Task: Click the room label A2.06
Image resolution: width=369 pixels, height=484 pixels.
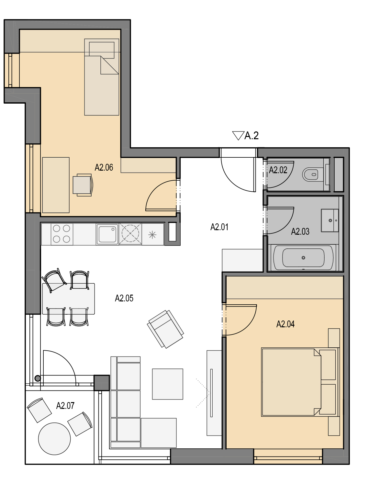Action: [x=104, y=168]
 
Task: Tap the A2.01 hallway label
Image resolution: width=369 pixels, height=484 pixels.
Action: [x=219, y=227]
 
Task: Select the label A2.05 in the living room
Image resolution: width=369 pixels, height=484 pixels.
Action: [x=124, y=298]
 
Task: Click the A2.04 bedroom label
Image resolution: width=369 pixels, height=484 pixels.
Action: [x=285, y=324]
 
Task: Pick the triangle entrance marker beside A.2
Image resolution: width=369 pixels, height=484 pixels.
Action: [x=238, y=136]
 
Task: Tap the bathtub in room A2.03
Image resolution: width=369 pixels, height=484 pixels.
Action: [x=303, y=258]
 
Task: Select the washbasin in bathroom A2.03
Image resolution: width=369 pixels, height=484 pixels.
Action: [x=330, y=220]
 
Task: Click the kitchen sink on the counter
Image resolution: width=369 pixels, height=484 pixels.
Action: [x=107, y=234]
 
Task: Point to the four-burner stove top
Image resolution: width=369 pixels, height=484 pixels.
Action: [x=62, y=234]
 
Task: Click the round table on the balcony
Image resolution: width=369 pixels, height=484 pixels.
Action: [x=54, y=439]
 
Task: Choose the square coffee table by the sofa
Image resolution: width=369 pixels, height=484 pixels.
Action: [x=168, y=384]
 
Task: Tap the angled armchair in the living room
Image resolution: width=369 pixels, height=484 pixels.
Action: [x=165, y=329]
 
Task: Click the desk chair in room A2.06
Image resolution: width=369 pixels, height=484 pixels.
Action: [x=83, y=185]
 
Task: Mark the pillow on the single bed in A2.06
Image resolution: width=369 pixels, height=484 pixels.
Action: [x=102, y=50]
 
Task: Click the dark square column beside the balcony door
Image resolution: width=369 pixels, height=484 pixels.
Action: [x=102, y=383]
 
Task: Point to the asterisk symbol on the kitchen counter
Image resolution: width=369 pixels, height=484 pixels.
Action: [x=152, y=235]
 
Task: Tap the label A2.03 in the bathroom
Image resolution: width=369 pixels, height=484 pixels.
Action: [x=300, y=231]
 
